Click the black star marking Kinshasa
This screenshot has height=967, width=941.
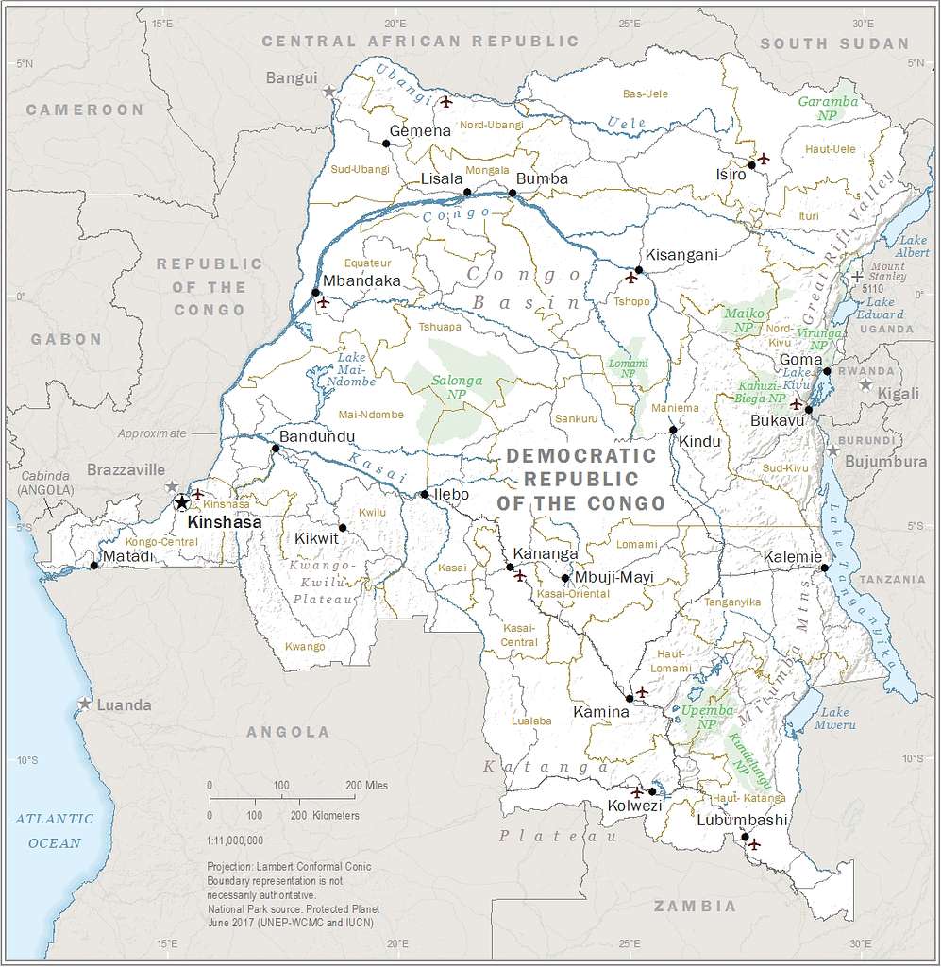tap(181, 502)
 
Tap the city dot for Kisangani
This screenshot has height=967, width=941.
tap(639, 270)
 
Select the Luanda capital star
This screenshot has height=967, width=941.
tap(85, 704)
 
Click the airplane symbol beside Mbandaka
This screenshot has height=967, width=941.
tap(323, 303)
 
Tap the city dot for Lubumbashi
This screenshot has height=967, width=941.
tap(745, 837)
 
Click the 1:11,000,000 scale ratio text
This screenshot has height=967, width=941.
tap(233, 839)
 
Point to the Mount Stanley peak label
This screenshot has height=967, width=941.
tap(887, 272)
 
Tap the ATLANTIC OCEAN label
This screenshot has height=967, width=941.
tap(54, 830)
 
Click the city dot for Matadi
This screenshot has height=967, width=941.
tap(93, 566)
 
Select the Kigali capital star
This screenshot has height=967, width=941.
tap(865, 384)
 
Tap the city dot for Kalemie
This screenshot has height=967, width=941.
tap(824, 568)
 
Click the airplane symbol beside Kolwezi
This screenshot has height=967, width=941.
tap(636, 791)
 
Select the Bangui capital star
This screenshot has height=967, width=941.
tap(328, 92)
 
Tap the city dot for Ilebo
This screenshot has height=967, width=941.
tap(425, 494)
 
